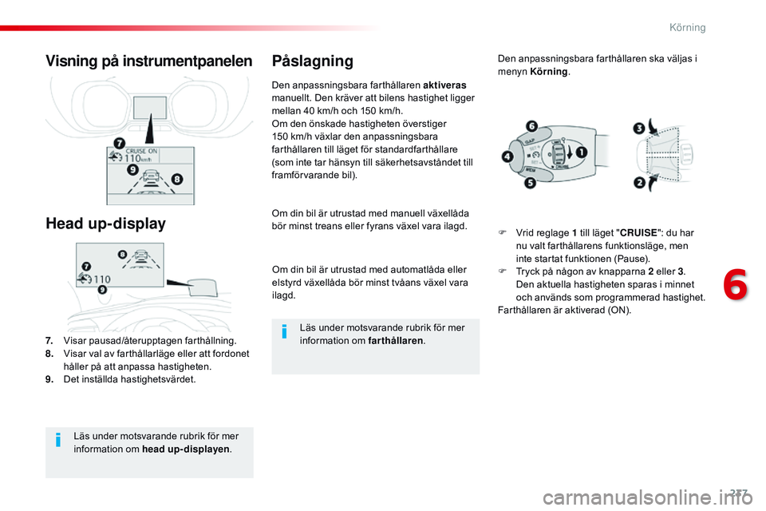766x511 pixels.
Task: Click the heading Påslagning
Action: [312, 61]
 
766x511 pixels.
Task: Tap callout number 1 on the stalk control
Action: [582, 152]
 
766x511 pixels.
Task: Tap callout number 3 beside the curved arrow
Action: [638, 129]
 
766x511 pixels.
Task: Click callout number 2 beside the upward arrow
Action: [638, 183]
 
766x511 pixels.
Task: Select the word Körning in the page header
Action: [687, 27]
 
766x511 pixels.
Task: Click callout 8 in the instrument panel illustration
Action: [177, 180]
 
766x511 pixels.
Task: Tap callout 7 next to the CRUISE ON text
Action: [119, 144]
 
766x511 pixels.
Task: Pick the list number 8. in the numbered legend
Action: [49, 354]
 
